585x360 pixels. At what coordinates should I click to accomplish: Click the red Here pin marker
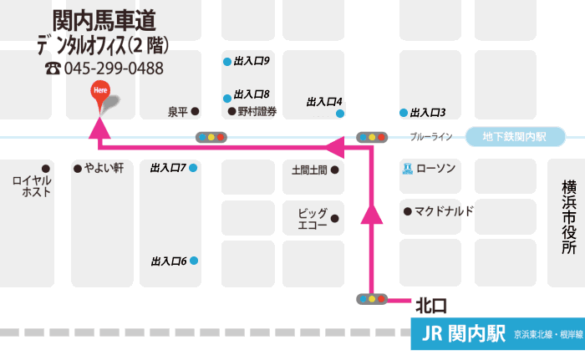pyautogui.click(x=100, y=94)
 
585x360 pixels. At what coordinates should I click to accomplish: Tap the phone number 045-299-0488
pyautogui.click(x=113, y=68)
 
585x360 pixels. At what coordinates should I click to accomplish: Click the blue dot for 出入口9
pyautogui.click(x=226, y=62)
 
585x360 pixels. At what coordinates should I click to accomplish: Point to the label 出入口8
pyautogui.click(x=252, y=94)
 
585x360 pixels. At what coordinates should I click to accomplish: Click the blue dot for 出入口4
pyautogui.click(x=339, y=113)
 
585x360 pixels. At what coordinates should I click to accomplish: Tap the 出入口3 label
pyautogui.click(x=427, y=113)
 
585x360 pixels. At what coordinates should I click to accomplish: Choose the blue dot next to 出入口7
pyautogui.click(x=193, y=168)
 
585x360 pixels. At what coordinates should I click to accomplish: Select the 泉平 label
pyautogui.click(x=178, y=111)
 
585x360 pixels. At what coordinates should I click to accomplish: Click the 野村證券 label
pyautogui.click(x=257, y=111)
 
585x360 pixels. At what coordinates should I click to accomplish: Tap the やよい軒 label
pyautogui.click(x=104, y=168)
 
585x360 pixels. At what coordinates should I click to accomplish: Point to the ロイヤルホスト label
pyautogui.click(x=32, y=185)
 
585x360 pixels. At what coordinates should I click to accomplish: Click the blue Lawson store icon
pyautogui.click(x=407, y=168)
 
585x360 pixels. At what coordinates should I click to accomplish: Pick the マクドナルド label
pyautogui.click(x=444, y=210)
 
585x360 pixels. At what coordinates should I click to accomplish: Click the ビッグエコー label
pyautogui.click(x=312, y=219)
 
